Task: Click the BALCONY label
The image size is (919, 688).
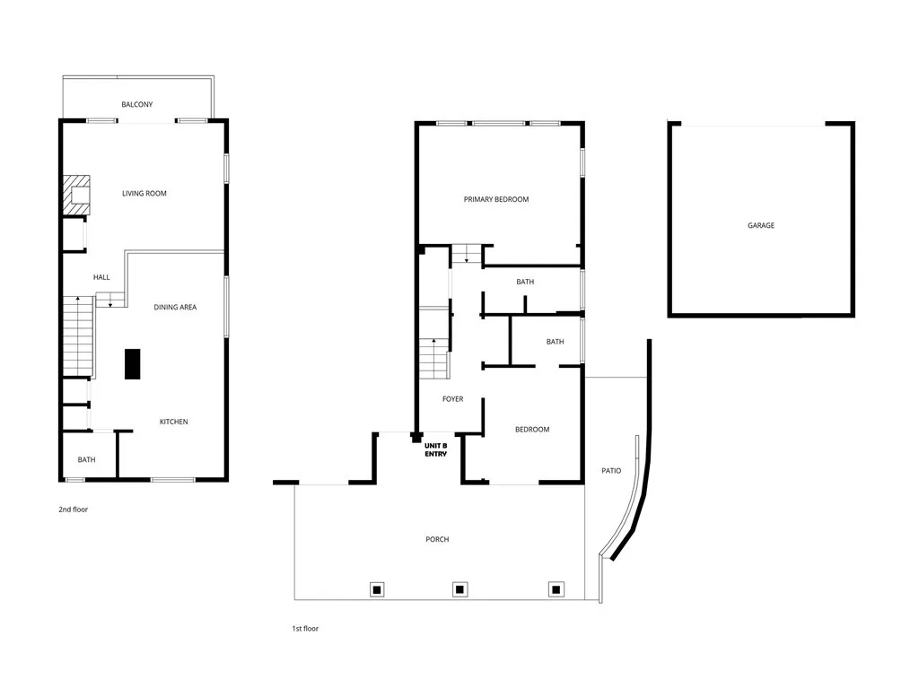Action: click(137, 105)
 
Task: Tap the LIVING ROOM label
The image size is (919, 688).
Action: click(144, 194)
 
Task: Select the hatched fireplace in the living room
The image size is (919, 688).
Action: click(77, 195)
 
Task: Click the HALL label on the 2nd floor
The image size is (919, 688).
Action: click(101, 277)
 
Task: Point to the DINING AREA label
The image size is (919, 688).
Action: click(175, 308)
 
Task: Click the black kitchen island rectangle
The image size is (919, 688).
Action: click(132, 363)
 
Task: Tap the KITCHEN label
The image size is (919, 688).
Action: click(174, 422)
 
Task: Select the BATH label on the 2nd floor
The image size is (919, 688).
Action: click(86, 460)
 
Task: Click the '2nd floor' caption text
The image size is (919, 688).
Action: click(74, 509)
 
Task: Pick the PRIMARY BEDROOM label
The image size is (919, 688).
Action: click(496, 199)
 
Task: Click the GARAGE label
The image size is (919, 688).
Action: click(761, 226)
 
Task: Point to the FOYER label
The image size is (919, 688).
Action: click(453, 399)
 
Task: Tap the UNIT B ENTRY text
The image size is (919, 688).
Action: click(436, 449)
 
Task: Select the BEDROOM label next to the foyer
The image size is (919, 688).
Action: click(532, 430)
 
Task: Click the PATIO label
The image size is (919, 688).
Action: click(611, 471)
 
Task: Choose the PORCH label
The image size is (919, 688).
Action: click(437, 539)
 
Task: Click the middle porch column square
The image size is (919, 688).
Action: click(459, 589)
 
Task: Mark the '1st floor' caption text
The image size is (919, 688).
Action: click(305, 629)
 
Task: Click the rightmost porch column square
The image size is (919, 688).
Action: click(556, 589)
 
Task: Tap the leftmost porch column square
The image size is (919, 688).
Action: click(378, 589)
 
